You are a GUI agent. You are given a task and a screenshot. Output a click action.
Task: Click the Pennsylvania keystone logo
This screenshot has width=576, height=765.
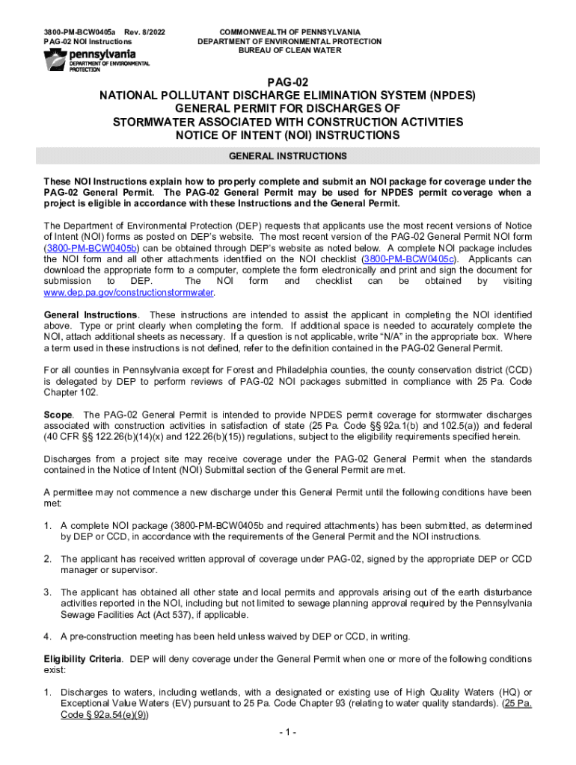click(x=55, y=61)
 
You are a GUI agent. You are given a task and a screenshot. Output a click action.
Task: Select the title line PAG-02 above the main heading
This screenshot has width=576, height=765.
click(x=288, y=82)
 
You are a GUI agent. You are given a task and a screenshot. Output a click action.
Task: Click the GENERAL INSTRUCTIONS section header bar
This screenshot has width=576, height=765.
click(x=288, y=156)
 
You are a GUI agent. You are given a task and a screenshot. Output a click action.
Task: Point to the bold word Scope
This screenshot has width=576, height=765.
click(x=58, y=415)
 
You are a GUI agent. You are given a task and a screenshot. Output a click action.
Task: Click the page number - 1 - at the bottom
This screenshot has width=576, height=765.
click(x=288, y=732)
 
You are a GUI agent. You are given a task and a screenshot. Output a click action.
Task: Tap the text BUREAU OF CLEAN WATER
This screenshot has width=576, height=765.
click(x=289, y=51)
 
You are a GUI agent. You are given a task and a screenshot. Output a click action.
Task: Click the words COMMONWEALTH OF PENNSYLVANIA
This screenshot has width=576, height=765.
click(x=289, y=32)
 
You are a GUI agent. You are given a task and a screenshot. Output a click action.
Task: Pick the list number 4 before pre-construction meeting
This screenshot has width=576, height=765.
click(x=46, y=637)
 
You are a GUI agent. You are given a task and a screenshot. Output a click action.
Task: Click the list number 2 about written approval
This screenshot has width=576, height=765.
click(x=46, y=559)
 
